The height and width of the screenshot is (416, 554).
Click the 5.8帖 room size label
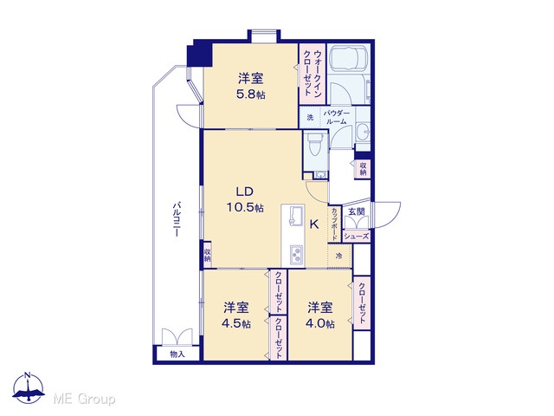coord(251,94)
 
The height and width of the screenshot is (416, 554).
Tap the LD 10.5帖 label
coord(245,199)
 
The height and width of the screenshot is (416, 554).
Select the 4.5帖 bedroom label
coord(236,323)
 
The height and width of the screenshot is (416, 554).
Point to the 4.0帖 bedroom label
coord(320,323)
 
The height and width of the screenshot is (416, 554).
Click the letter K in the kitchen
coord(314,224)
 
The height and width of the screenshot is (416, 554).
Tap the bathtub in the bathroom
coord(349,58)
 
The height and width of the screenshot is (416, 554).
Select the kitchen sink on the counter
coord(296,216)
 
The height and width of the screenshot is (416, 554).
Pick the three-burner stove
coord(296,254)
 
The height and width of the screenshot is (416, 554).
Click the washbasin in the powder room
coord(363,133)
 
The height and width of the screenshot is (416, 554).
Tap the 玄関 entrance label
coord(356,211)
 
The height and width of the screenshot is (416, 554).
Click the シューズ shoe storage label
coord(356,237)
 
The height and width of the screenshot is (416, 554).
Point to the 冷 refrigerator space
coord(339,256)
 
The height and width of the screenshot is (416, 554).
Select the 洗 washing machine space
coord(310,117)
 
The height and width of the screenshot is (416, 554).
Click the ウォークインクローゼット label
coord(312,73)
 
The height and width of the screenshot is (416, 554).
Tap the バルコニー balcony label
coord(177,219)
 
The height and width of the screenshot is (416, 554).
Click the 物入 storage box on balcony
coord(177,354)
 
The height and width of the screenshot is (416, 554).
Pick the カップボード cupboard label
coord(334,224)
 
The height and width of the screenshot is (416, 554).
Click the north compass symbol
coord(29,387)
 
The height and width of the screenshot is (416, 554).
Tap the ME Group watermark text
coord(84,400)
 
